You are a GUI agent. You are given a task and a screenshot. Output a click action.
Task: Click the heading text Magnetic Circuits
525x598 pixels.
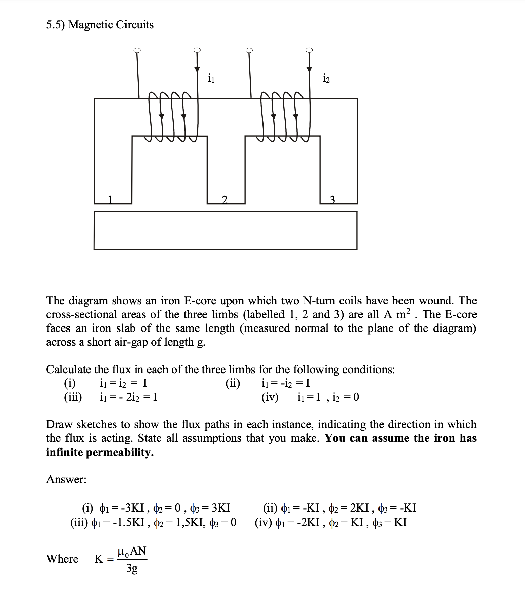point(111,25)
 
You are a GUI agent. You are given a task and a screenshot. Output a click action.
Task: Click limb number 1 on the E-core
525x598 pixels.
point(110,199)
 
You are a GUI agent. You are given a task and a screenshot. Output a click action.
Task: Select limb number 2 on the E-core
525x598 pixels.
point(224,199)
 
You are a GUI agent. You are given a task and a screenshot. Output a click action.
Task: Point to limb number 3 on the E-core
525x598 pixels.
point(332,199)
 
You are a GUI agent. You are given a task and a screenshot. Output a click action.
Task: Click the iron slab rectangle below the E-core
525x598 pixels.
point(225,230)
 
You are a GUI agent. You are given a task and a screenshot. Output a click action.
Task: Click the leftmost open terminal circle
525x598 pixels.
point(137,51)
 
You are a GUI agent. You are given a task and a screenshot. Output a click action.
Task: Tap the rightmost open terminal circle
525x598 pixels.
point(309,50)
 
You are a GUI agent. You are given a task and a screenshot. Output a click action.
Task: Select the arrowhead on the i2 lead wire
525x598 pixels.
point(309,69)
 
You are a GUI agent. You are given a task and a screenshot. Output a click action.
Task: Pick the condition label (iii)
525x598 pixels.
point(73,397)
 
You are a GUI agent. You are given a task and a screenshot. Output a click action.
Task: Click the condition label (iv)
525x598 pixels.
point(270,397)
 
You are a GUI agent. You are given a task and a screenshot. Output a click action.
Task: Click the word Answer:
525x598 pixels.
point(66,479)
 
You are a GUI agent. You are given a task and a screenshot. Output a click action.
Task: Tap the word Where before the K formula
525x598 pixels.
point(62,559)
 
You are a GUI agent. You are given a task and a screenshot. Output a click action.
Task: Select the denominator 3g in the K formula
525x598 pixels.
point(132,568)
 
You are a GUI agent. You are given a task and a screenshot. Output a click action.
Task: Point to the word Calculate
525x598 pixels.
point(69,369)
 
